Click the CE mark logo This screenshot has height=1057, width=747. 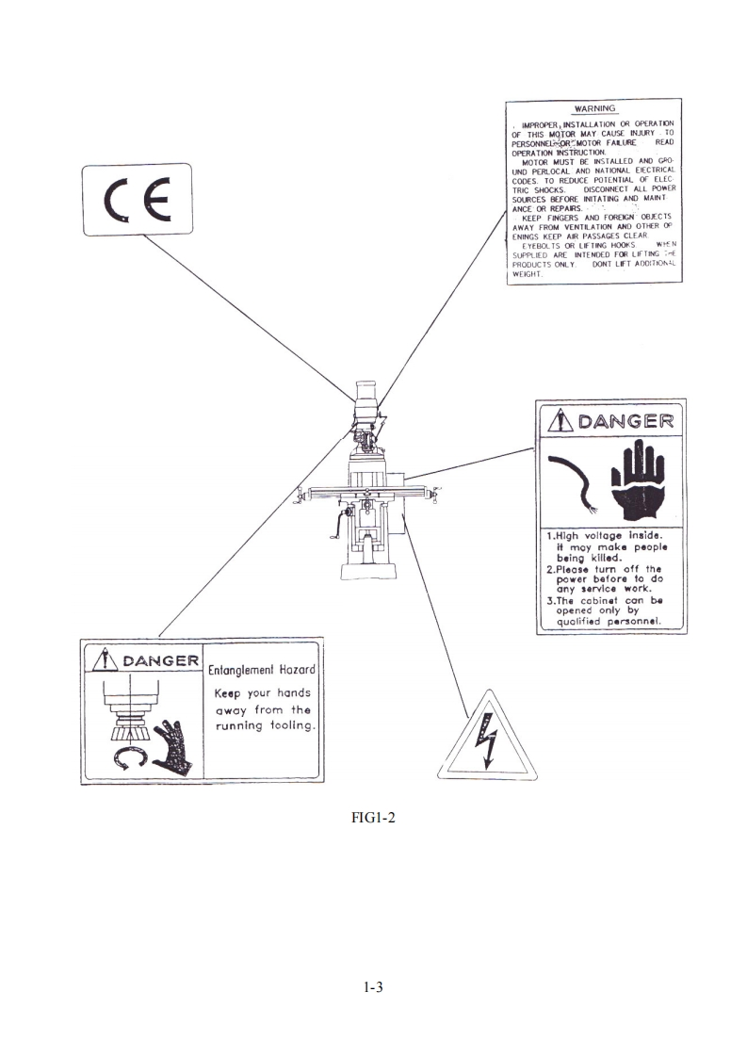point(137,200)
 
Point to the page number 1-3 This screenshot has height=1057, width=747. point(373,988)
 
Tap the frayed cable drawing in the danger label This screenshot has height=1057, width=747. point(571,480)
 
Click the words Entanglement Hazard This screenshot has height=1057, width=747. point(263,668)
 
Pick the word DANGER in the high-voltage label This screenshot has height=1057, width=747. point(626,420)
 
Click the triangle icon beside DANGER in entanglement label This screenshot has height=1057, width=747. point(105,659)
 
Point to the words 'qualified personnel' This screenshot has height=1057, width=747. point(609,621)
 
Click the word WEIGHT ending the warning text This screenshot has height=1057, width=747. point(525,273)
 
